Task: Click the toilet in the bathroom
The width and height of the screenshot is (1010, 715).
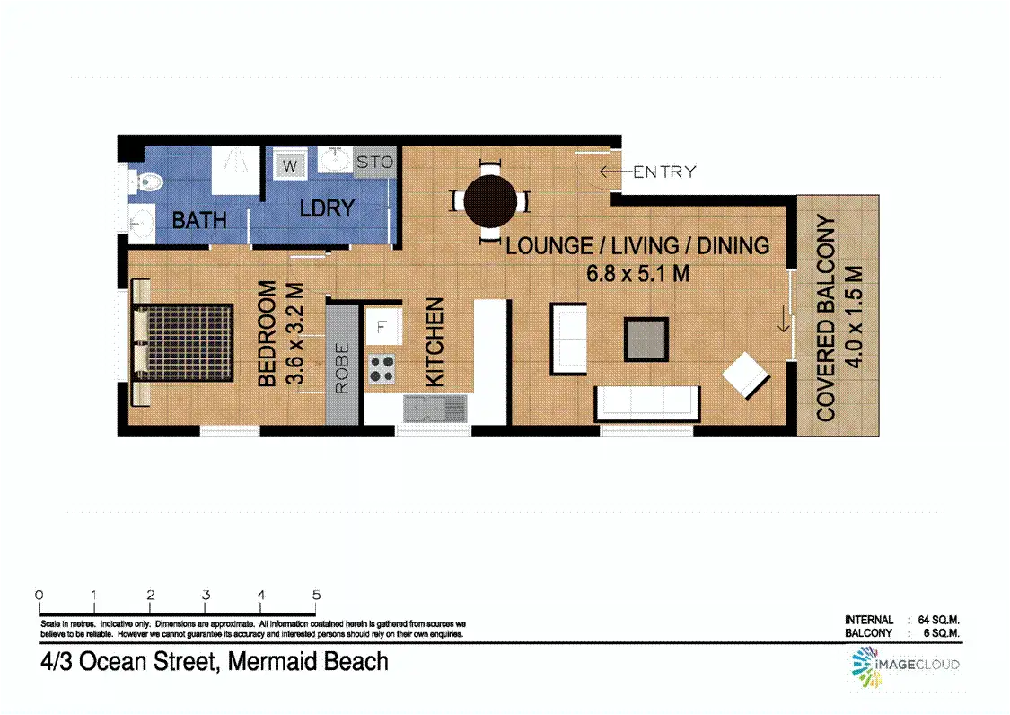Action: tap(145, 181)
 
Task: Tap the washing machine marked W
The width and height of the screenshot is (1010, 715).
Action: tap(290, 165)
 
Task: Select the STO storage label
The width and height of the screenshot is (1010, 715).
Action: tap(375, 163)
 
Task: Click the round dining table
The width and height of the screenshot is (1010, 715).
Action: tap(490, 200)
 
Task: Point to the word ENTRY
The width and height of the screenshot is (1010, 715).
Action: tap(664, 172)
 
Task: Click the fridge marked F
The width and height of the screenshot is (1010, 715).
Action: tap(382, 326)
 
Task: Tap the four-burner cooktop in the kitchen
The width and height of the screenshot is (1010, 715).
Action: tap(382, 369)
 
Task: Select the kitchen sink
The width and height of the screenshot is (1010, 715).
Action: tap(435, 409)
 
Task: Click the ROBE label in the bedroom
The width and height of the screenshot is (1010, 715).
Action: tap(342, 367)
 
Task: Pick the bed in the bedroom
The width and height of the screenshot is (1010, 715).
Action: tap(183, 342)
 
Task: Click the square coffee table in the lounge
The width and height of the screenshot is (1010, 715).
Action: tap(646, 340)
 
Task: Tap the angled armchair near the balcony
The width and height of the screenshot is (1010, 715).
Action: tap(746, 375)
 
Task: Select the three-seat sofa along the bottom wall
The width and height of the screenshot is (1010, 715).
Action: tap(647, 403)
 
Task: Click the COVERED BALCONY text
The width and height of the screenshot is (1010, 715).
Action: tap(826, 318)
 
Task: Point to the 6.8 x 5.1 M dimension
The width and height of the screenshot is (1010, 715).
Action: tap(637, 274)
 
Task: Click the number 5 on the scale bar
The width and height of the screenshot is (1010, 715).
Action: tap(316, 595)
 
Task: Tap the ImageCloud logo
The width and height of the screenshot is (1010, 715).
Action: tap(905, 666)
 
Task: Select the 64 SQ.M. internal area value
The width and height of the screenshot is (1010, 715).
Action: tap(938, 620)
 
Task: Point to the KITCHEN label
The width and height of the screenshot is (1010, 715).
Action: tap(435, 342)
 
